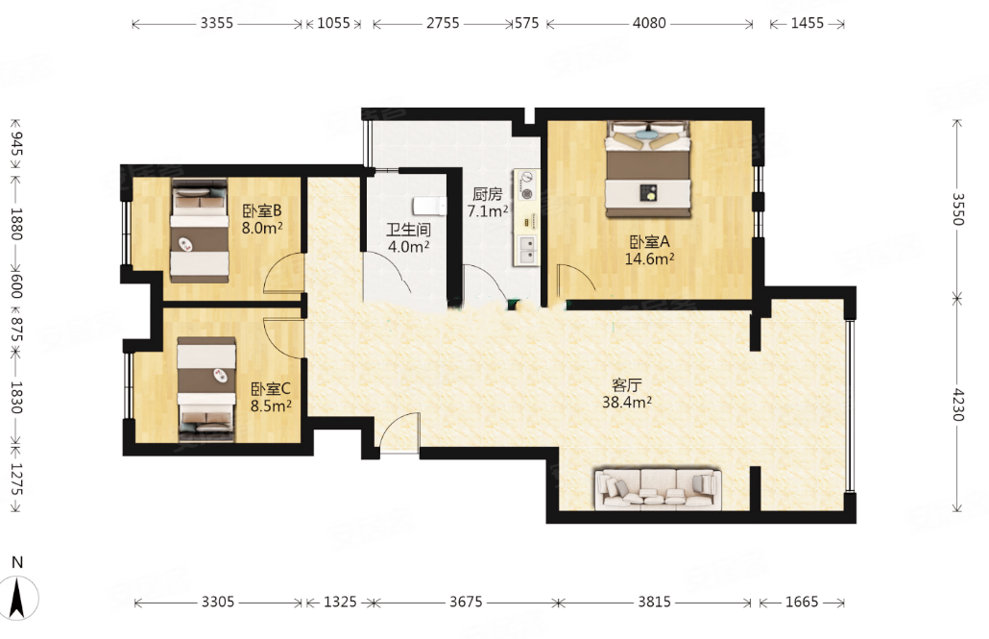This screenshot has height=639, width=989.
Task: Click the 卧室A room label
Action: pos(650,242)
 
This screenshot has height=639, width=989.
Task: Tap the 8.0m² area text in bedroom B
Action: pos(262,228)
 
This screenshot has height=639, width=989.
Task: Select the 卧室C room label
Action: pos(271,389)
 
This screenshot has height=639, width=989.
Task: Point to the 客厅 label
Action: pos(626,385)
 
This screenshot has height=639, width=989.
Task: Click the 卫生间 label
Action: pos(409,230)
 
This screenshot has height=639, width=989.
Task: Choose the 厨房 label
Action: pos(487,194)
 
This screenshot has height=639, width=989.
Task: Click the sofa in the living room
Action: pos(658,489)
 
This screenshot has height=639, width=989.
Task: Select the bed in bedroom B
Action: pos(199,232)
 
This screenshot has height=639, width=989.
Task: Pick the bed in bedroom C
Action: pos(206,388)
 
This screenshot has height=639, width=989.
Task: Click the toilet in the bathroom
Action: pos(429,206)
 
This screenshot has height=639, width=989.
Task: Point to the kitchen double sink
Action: pos(526,250)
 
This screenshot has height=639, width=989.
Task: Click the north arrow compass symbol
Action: pos(17,598)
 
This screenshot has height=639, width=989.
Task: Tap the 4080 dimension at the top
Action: pos(649,23)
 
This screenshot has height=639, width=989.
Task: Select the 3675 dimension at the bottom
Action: pos(466,602)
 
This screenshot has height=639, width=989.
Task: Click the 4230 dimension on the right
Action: pos(957,406)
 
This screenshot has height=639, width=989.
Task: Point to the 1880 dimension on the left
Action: pos(17,224)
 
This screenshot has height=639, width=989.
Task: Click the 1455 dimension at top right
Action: pos(808,23)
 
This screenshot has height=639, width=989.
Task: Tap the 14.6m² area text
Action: pos(650,258)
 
